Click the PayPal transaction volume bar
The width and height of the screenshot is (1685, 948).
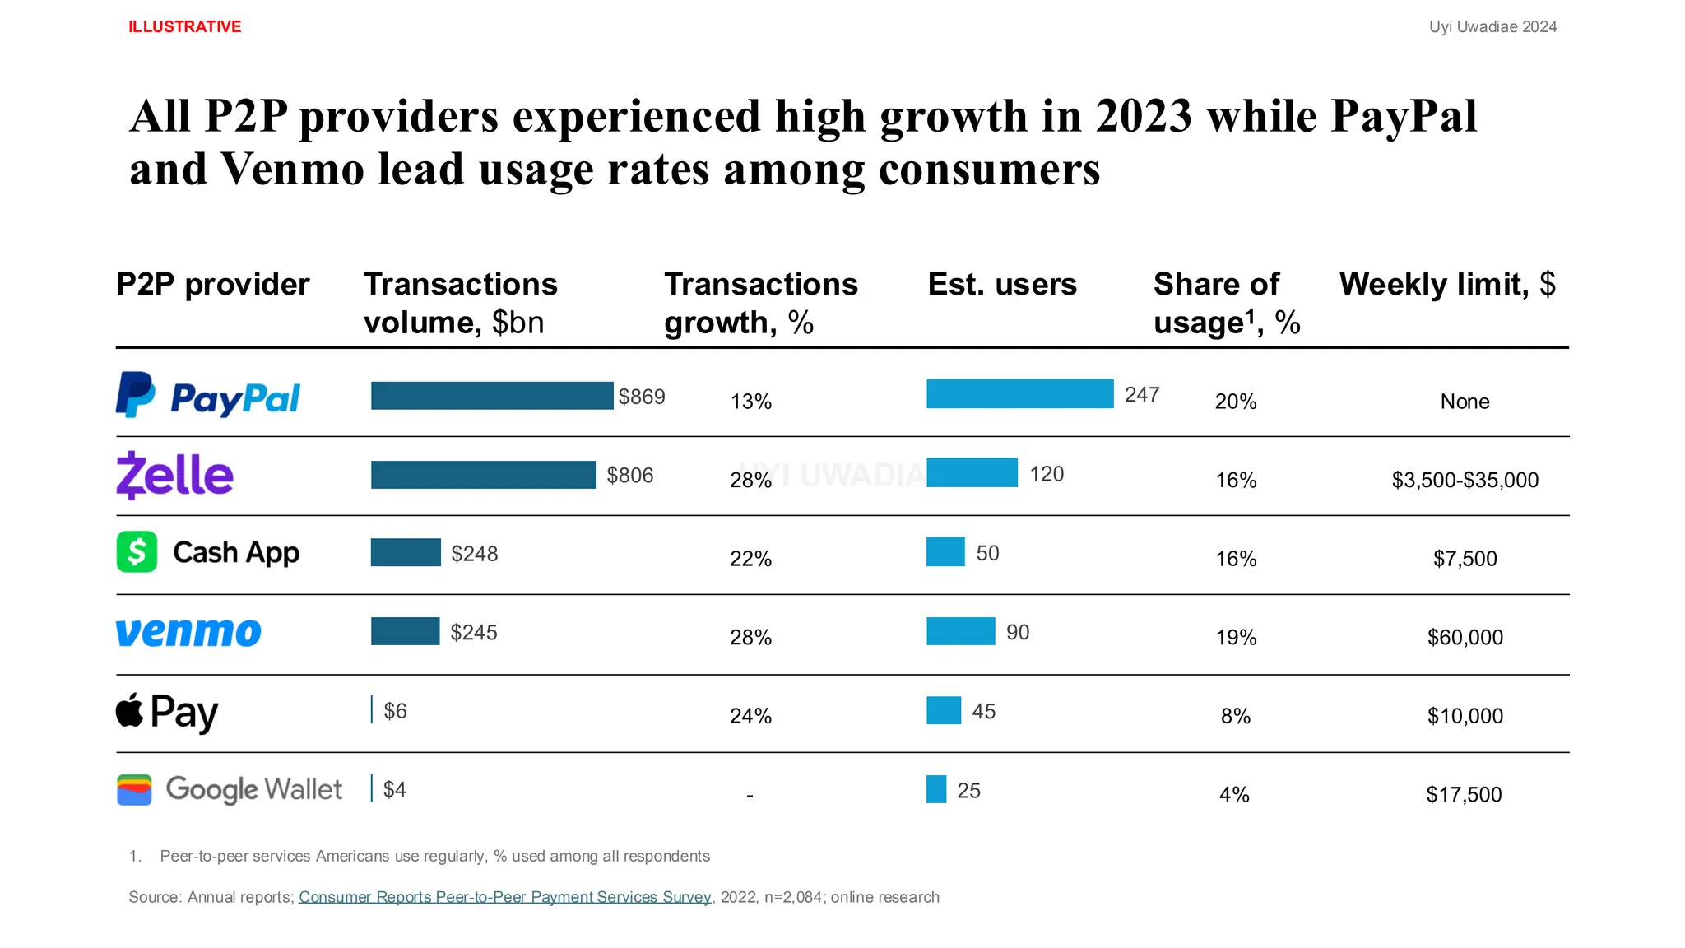point(492,396)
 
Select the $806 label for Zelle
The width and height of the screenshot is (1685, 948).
point(629,476)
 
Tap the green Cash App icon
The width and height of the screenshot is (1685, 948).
point(137,551)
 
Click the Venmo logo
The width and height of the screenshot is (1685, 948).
point(188,632)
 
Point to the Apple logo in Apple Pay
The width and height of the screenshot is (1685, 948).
point(129,710)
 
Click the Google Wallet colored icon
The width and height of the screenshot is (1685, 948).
point(134,790)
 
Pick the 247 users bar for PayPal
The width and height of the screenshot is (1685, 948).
point(1019,394)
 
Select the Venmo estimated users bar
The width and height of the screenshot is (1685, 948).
point(960,631)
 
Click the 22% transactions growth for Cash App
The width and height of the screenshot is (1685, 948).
point(750,559)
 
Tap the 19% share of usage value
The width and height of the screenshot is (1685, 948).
point(1236,638)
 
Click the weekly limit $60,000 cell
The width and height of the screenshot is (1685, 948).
point(1465,638)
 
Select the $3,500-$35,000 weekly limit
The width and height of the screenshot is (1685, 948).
point(1465,480)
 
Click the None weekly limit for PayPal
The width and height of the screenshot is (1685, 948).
point(1465,402)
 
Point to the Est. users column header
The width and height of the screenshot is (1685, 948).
point(1001,285)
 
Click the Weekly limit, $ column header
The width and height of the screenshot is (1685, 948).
point(1446,285)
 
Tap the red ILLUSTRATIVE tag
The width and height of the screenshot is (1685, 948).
point(184,27)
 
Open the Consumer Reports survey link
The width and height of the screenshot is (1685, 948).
point(504,897)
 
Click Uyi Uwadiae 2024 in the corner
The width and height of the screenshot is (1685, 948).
point(1492,27)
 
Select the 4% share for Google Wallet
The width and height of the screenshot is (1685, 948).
point(1234,795)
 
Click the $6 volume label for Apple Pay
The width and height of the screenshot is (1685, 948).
point(395,711)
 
